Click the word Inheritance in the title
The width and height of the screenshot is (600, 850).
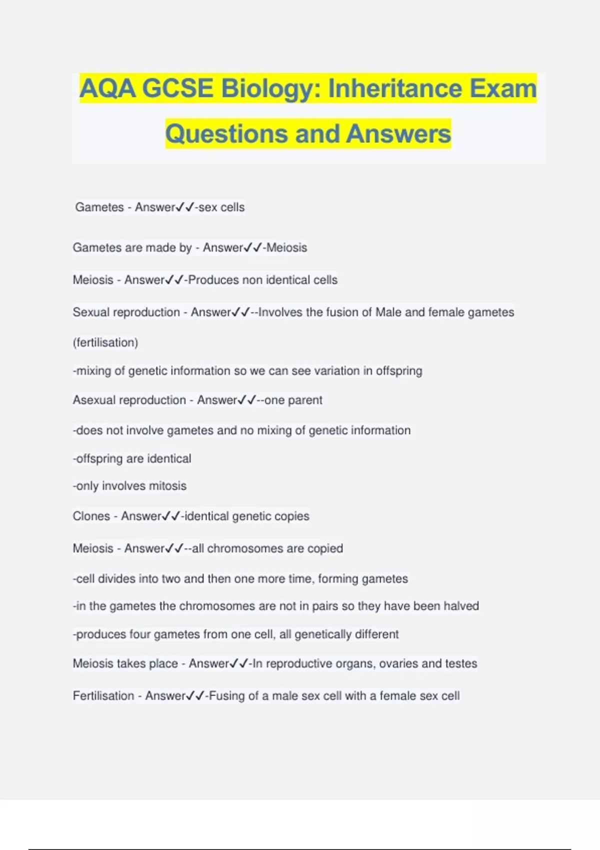pyautogui.click(x=395, y=88)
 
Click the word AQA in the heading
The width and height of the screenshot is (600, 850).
pyautogui.click(x=107, y=88)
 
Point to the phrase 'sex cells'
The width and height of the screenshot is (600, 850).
pyautogui.click(x=221, y=207)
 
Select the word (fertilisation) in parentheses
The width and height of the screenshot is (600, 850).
pyautogui.click(x=105, y=342)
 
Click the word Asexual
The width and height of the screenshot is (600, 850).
pyautogui.click(x=93, y=400)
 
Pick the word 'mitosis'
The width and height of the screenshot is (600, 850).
pyautogui.click(x=167, y=486)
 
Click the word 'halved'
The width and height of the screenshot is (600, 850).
pyautogui.click(x=461, y=606)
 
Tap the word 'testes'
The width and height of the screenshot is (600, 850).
pyautogui.click(x=461, y=663)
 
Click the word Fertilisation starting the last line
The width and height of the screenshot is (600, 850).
pyautogui.click(x=103, y=696)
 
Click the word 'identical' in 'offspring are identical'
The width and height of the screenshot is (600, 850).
pyautogui.click(x=169, y=459)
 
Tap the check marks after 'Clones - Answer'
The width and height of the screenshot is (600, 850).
pyautogui.click(x=170, y=516)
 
